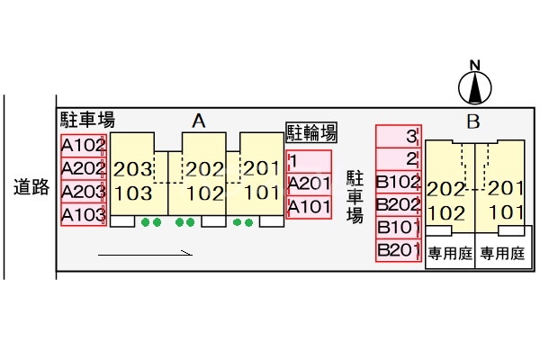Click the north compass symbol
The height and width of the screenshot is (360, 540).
pos(476,85)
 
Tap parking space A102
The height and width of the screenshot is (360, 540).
pos(84,145)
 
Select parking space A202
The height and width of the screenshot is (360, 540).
pos(84,168)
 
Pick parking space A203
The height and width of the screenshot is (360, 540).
pos(84,192)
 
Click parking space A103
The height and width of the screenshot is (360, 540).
pos(84,215)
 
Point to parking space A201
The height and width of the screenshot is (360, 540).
pos(309,184)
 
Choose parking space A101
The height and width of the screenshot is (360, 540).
pos(309,208)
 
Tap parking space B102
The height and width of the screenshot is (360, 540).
pos(398,181)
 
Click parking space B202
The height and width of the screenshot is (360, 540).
pos(398,203)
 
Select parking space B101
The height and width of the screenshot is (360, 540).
pos(398,227)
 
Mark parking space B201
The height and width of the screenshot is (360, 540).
pos(398,250)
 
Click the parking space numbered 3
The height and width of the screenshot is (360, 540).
pos(398,137)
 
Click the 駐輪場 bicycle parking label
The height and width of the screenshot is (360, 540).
pos(311,133)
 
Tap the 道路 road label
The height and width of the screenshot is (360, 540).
pos(31,187)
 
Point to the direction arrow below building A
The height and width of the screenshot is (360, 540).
pos(145,254)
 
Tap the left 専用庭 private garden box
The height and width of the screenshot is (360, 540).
pos(450,254)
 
